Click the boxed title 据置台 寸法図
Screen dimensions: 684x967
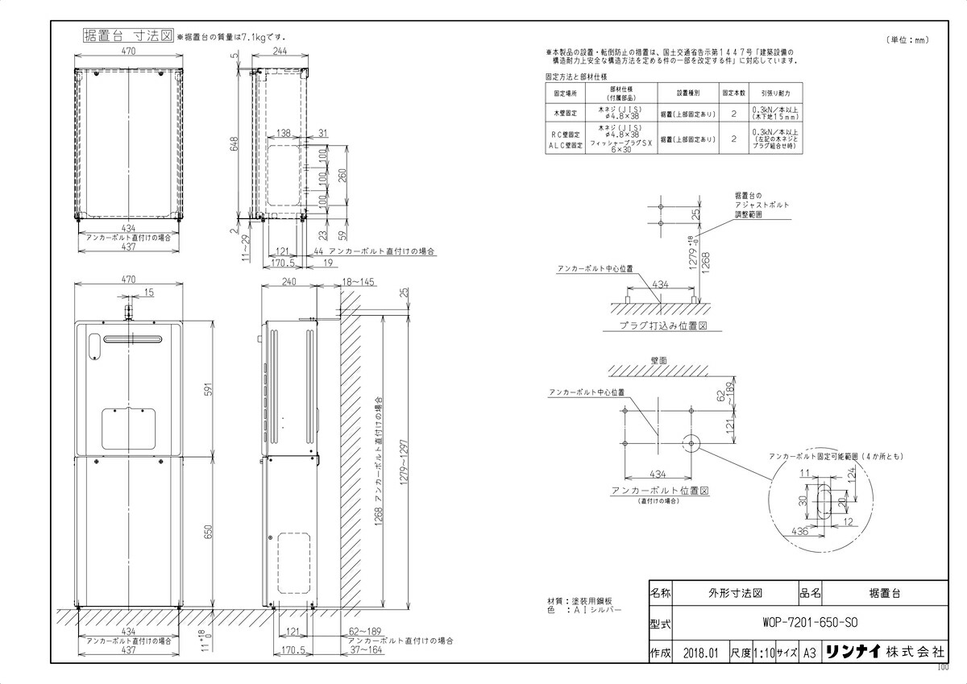(128, 36)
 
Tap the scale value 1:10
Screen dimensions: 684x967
(762, 653)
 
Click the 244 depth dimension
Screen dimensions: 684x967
(279, 51)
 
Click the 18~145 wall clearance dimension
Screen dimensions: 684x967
(358, 282)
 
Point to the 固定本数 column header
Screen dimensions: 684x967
(733, 93)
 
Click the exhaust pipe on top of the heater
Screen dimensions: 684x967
(127, 310)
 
